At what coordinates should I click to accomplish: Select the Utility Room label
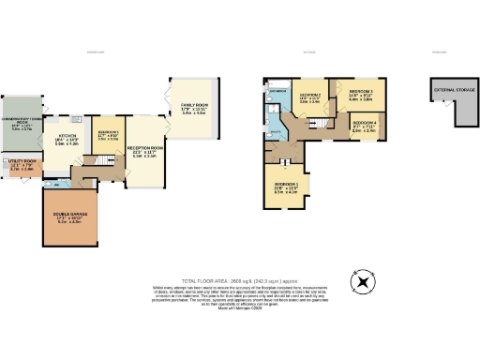coord(22,167)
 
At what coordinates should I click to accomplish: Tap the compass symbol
coord(361,280)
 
